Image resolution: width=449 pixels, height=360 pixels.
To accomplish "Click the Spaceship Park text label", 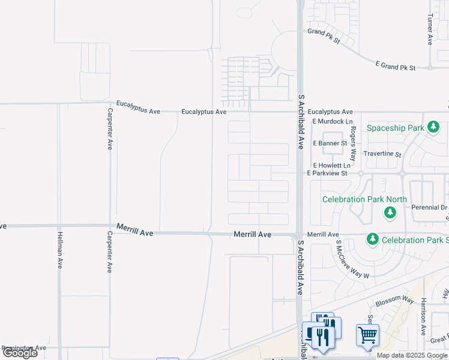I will (396, 128).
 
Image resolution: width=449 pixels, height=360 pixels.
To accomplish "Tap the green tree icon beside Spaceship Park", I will (432, 127).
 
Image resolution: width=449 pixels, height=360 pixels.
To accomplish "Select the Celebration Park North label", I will (364, 199).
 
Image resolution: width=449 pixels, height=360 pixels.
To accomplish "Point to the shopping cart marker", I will (367, 335).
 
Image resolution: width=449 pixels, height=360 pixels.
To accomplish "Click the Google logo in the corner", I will (20, 353).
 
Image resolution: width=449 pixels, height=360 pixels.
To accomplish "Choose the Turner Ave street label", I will (430, 30).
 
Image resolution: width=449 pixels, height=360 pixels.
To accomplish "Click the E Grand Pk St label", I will (395, 67).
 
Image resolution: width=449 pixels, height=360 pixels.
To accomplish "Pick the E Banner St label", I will (330, 143).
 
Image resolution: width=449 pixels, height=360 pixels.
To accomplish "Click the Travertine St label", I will (382, 154).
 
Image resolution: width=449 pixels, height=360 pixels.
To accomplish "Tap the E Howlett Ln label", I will (331, 165).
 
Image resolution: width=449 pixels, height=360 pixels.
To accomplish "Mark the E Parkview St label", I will (327, 173).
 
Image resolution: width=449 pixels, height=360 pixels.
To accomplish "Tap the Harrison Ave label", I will (423, 316).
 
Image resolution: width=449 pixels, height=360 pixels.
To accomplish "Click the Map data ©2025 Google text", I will (412, 355).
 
